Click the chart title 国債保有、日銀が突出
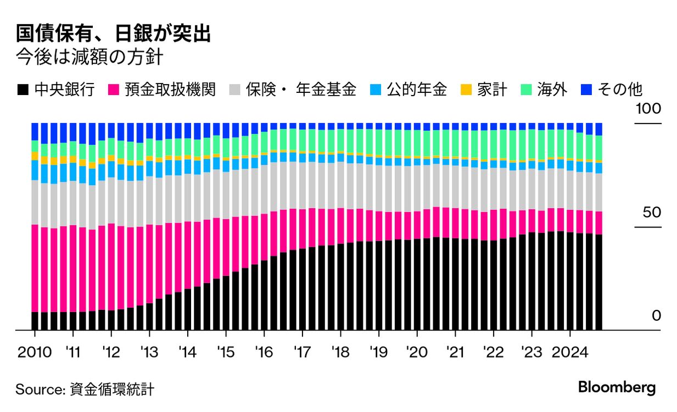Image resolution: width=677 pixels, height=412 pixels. pos(113,34)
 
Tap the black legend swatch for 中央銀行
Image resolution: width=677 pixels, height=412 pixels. pos(23,90)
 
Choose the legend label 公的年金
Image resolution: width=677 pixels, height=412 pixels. pos(417,90)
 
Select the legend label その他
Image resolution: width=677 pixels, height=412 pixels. pos(620,90)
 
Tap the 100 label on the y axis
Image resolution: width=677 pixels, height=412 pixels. pos(648,109)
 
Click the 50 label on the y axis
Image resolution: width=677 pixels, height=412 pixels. pos(652,213)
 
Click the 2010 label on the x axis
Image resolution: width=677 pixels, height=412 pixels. pos(35,352)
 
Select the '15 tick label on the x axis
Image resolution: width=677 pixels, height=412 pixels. pos(226,352)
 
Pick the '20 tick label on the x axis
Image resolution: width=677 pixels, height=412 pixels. pos(417,352)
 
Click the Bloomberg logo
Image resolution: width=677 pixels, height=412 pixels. pos(617,387)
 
